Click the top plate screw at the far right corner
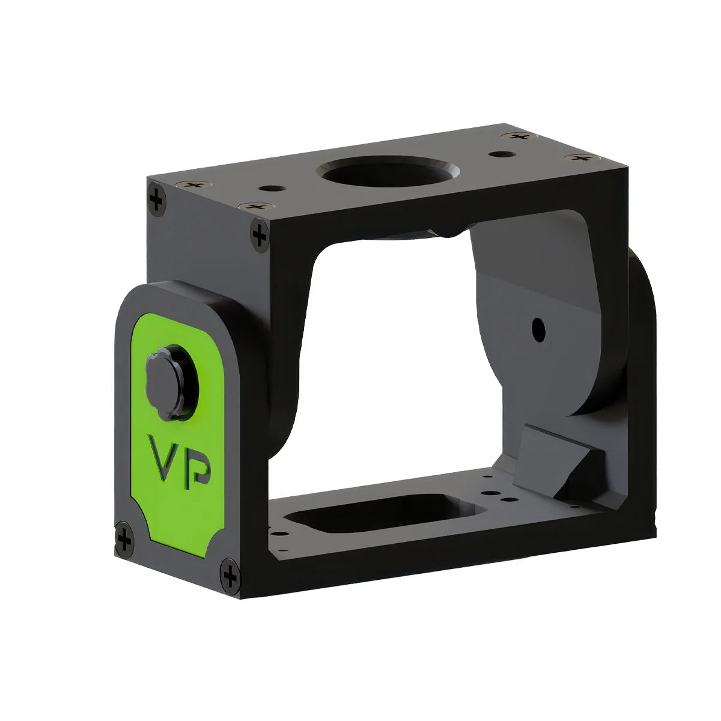[581, 157]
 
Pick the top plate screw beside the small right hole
[517, 136]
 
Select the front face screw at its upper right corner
[260, 234]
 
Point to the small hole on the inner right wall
[538, 329]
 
